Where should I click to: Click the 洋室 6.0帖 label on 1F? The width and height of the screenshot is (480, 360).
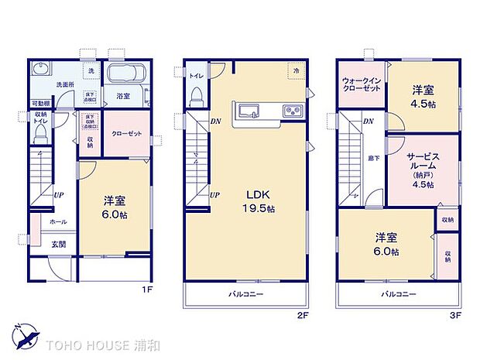click(115, 207)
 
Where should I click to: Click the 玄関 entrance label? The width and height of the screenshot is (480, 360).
click(58, 245)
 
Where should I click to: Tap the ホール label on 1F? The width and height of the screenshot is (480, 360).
click(57, 222)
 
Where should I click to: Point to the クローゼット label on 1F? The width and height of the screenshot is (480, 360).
click(127, 134)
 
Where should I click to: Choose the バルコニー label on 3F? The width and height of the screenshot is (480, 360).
click(398, 295)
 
